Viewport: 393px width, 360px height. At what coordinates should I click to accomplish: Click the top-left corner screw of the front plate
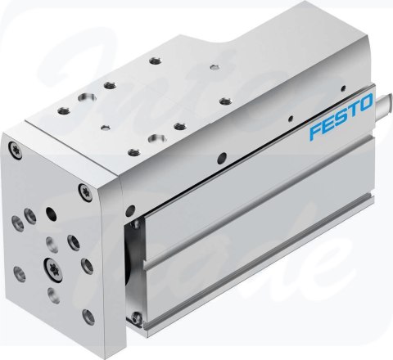tap(13, 148)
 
